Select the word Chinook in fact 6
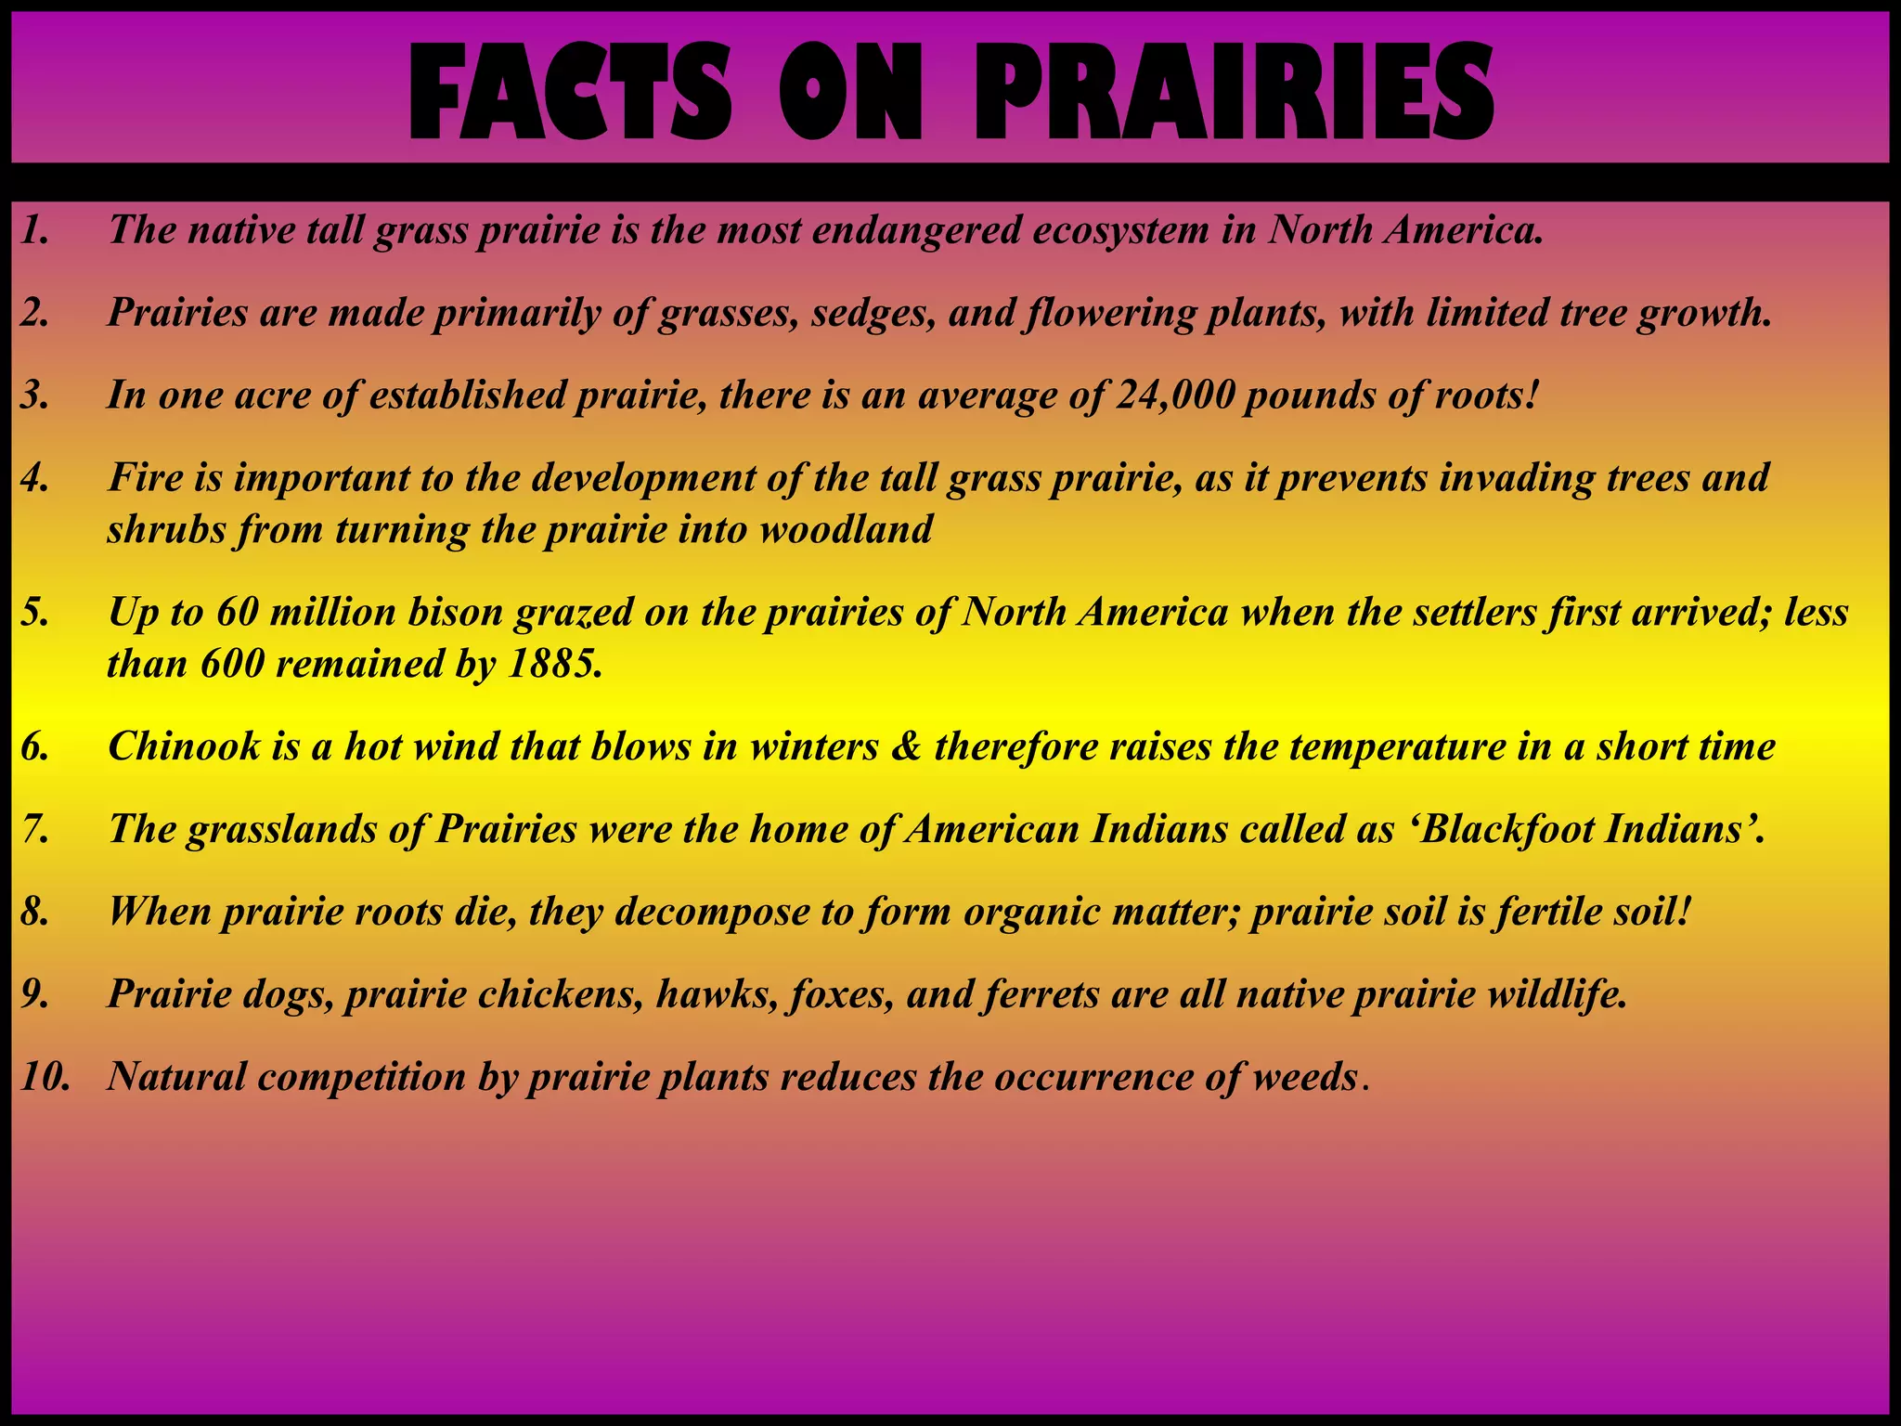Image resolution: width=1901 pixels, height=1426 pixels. tap(184, 746)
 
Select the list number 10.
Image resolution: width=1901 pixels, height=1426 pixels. tap(45, 1077)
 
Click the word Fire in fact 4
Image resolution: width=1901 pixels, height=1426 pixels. tap(145, 478)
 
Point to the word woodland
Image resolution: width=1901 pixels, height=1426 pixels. tap(846, 530)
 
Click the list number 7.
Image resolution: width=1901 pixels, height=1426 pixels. tap(35, 829)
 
